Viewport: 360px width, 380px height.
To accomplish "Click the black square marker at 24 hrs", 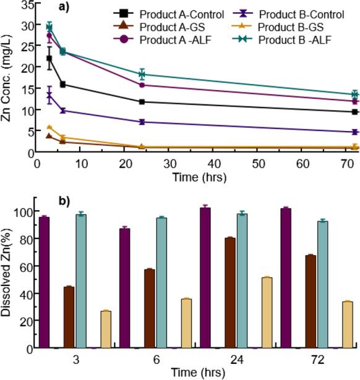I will coord(142,102).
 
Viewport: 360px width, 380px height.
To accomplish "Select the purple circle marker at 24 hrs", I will coord(142,85).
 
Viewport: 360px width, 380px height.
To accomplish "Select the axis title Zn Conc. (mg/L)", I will coord(8,78).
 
